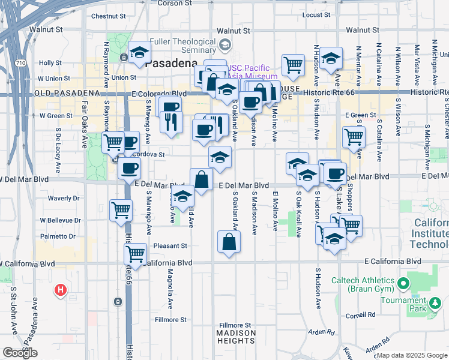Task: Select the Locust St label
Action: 318,14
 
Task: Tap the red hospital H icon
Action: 60,291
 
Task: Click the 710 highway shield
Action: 20,62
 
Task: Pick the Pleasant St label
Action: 170,245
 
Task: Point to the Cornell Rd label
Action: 360,314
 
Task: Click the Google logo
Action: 20,353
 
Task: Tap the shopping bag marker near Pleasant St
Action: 229,242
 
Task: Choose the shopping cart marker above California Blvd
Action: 135,253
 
